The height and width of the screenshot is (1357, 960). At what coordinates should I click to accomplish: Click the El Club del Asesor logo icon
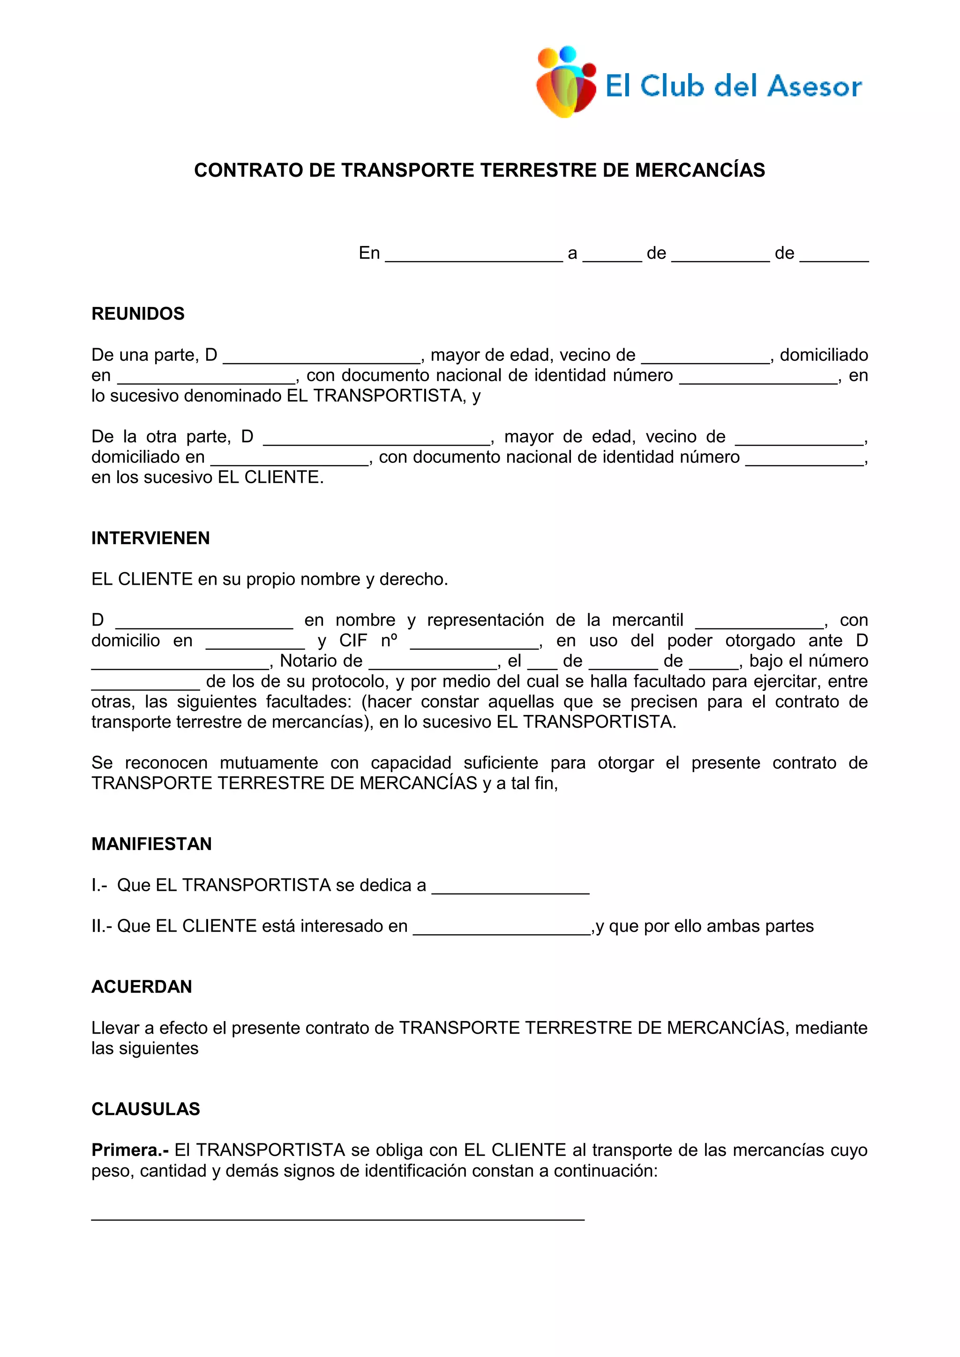[566, 82]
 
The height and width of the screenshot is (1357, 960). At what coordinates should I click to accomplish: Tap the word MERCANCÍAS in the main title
[700, 170]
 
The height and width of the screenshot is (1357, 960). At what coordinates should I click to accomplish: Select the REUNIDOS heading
[138, 313]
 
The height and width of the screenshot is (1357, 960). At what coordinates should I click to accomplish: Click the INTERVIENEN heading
[150, 538]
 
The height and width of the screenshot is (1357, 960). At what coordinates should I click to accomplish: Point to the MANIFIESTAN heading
[151, 844]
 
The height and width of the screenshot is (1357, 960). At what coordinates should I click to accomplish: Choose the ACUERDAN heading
[141, 986]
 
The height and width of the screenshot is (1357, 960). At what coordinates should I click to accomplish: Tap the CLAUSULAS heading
[145, 1109]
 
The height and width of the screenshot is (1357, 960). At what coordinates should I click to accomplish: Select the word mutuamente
[269, 763]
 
